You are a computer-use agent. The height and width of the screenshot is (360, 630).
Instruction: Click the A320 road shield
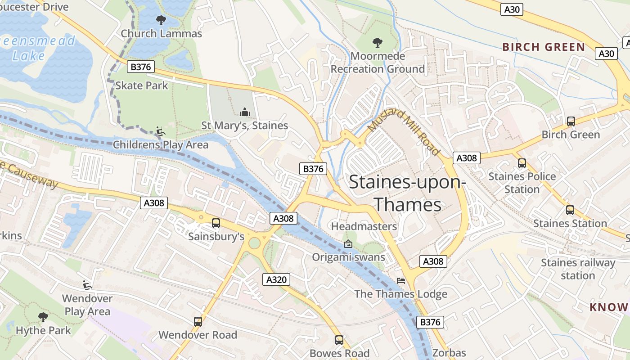[276, 279]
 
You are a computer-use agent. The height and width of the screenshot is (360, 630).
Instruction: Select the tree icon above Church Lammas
[161, 20]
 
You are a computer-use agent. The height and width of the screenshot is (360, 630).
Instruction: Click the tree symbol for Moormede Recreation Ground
[377, 43]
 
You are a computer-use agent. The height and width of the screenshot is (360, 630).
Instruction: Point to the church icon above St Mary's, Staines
[244, 112]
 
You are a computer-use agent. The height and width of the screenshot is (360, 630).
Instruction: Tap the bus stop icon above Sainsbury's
[216, 223]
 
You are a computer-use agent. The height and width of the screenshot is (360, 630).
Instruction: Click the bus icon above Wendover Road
[198, 321]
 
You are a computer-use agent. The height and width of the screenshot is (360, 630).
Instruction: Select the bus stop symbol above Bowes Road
[339, 340]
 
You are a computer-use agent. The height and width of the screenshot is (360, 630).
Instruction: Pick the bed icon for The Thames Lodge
[401, 281]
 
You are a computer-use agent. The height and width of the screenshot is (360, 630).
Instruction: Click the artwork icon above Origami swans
[348, 244]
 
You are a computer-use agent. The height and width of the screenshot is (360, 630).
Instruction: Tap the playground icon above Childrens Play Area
[160, 131]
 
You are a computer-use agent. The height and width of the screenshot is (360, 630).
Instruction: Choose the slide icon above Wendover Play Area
[87, 285]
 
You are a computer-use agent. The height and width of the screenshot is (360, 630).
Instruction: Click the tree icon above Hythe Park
[43, 317]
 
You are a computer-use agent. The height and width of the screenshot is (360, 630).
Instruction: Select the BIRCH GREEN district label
[544, 47]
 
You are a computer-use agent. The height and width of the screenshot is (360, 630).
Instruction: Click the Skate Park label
[141, 85]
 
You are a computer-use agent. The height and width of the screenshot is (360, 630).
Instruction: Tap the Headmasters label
[364, 226]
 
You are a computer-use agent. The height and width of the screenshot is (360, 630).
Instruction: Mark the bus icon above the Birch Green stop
[571, 121]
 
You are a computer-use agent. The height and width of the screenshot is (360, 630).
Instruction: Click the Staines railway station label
[578, 269]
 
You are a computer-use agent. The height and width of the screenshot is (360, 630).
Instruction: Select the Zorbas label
[449, 353]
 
